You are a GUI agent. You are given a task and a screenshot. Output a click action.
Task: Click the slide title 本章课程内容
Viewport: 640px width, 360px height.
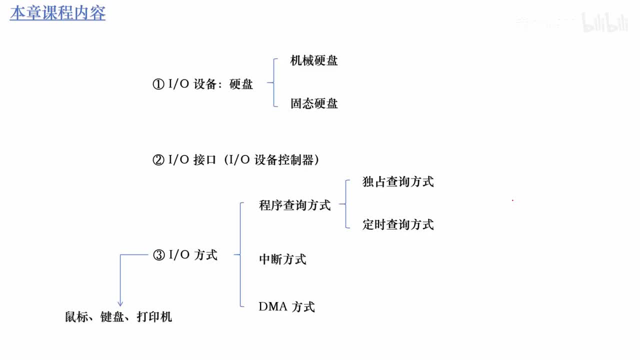coord(57,13)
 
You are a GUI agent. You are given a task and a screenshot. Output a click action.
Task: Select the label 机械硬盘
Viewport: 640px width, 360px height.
coord(314,61)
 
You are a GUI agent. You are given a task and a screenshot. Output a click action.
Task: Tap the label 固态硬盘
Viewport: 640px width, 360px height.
coord(314,103)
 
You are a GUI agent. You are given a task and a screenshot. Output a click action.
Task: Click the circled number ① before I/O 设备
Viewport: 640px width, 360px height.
coord(158,84)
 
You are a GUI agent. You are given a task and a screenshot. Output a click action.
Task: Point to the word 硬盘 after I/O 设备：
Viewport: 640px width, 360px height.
coord(241,84)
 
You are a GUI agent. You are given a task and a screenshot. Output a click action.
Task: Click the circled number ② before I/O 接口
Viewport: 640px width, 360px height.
coord(158,160)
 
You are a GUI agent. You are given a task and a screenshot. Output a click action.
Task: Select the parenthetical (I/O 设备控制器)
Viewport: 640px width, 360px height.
coord(271,160)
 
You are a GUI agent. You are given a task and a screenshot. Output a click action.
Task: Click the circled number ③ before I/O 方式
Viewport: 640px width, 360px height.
coord(158,255)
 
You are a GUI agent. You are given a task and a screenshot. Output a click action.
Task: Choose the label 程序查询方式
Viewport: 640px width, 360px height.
coord(294,205)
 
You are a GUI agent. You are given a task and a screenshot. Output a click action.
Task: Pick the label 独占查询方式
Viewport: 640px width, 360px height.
coord(398,181)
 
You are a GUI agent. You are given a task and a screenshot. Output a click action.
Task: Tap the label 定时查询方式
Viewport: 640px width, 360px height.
coord(398,224)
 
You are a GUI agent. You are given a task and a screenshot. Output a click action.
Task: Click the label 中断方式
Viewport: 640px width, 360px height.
coord(282,259)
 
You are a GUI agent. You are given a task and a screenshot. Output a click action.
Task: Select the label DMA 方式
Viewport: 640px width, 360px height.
coord(286,306)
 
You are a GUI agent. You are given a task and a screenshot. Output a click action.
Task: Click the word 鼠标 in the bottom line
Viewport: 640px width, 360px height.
coord(76,317)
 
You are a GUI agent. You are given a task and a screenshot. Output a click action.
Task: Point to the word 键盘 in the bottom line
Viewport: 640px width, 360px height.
coord(112,317)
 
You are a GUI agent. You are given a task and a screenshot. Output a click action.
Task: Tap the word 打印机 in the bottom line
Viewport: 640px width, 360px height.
coord(154,317)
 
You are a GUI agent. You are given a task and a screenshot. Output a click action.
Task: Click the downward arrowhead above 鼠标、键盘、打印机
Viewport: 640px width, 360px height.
coord(120,303)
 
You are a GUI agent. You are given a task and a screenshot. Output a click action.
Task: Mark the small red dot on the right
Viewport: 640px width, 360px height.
coord(512,200)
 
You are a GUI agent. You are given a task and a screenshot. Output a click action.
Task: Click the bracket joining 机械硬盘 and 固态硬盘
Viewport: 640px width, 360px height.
coord(274,82)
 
